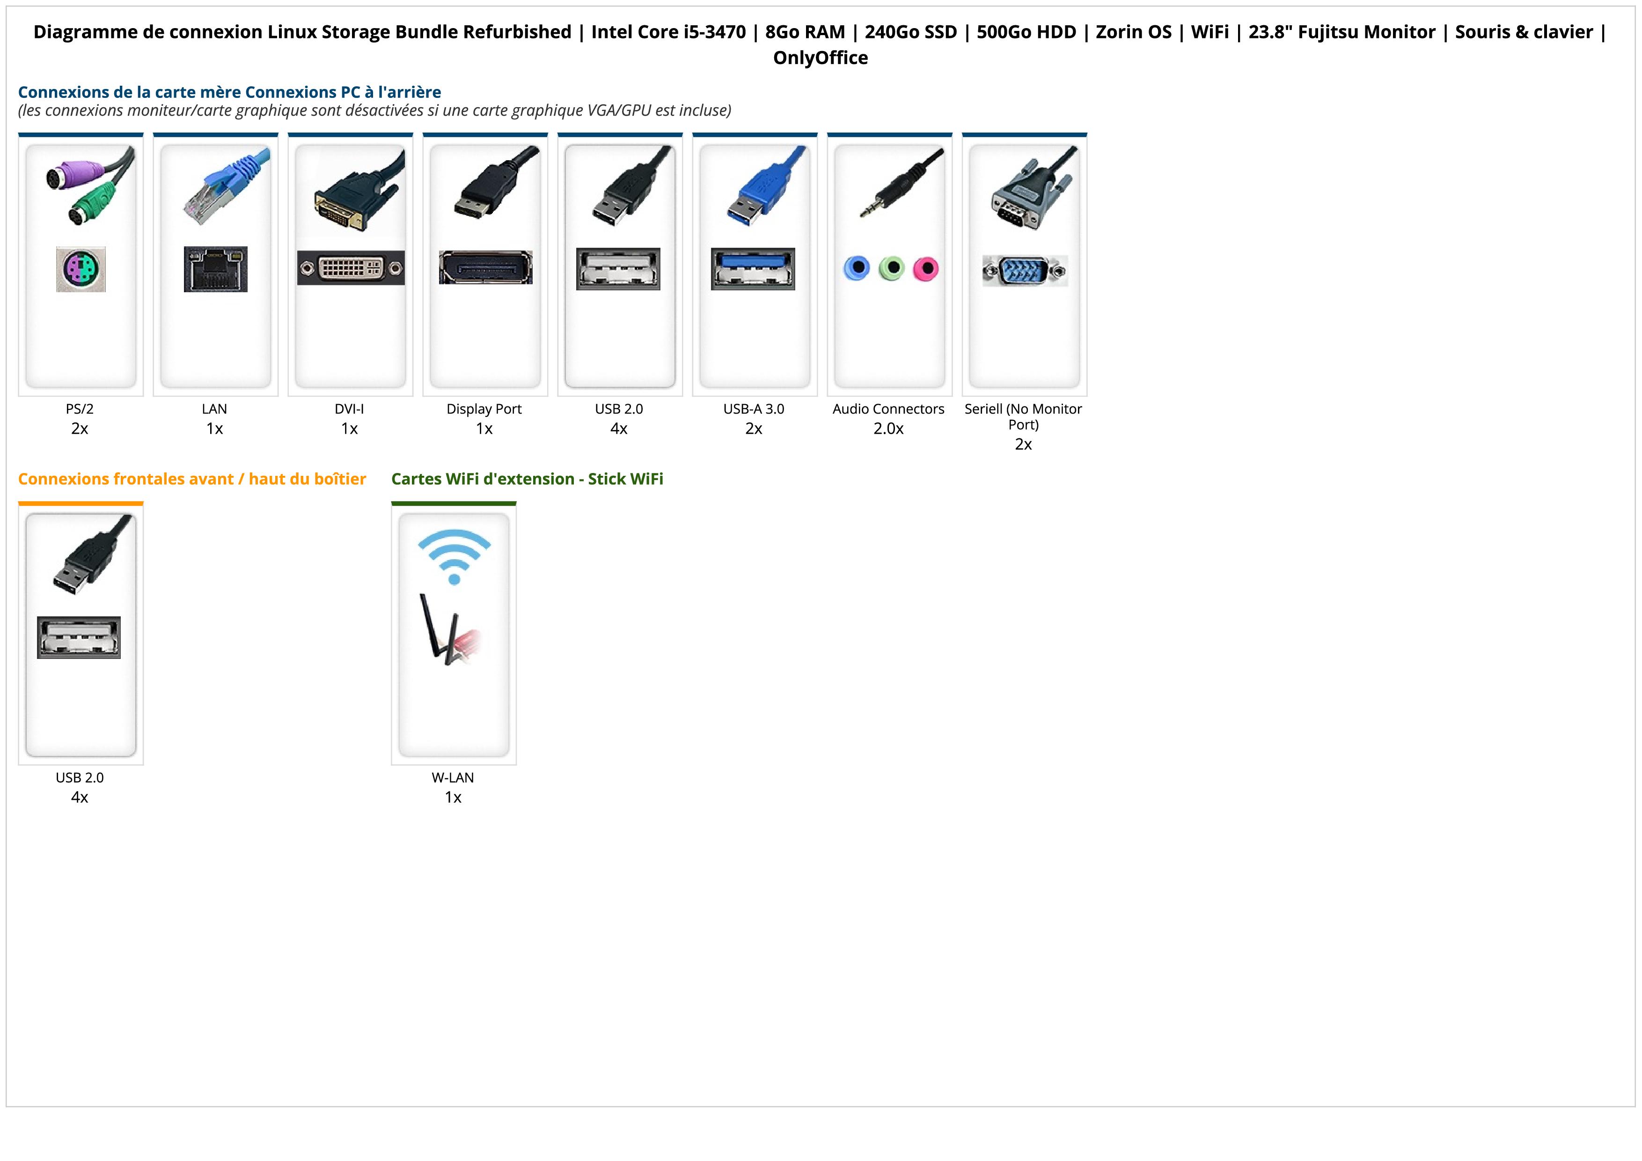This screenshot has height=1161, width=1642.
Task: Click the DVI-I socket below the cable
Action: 351,267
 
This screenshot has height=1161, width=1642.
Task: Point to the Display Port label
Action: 484,409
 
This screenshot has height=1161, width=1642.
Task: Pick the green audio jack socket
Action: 891,269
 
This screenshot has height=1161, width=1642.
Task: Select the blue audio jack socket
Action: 857,269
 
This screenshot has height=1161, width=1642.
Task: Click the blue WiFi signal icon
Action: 454,555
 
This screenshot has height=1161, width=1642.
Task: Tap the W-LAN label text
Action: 453,777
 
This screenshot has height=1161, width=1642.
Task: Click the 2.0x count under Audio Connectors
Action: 888,429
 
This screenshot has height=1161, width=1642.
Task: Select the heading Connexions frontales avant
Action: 191,479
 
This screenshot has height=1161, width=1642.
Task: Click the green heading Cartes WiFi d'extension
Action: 527,479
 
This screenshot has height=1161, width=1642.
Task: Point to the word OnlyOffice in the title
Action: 820,58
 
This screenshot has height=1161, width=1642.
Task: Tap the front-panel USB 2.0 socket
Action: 79,637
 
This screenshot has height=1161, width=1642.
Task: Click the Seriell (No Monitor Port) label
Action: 1023,416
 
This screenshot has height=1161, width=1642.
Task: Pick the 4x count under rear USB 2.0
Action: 619,429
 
